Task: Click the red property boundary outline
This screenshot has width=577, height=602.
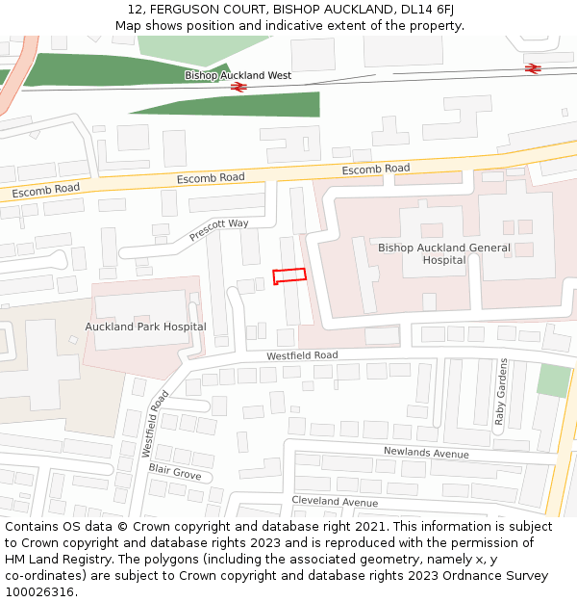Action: (x=289, y=275)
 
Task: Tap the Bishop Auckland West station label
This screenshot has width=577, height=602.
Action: (x=238, y=75)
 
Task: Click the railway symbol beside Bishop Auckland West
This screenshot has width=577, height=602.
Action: (x=239, y=87)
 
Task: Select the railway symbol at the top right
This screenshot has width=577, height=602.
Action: (x=533, y=67)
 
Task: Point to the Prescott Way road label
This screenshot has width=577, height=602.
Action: (x=218, y=229)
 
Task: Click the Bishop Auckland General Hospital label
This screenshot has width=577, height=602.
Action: (x=443, y=253)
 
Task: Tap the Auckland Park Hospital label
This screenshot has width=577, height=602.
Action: (x=145, y=327)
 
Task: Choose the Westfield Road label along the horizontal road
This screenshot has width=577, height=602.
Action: (x=302, y=355)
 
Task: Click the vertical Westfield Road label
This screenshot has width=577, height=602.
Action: (x=154, y=423)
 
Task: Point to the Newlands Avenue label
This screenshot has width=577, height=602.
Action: (x=426, y=453)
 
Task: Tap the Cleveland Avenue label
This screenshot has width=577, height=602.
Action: (x=335, y=502)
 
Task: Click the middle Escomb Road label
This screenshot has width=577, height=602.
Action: (x=211, y=178)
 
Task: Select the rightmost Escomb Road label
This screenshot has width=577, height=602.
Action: (x=376, y=170)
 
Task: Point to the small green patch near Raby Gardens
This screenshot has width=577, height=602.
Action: (x=553, y=380)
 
